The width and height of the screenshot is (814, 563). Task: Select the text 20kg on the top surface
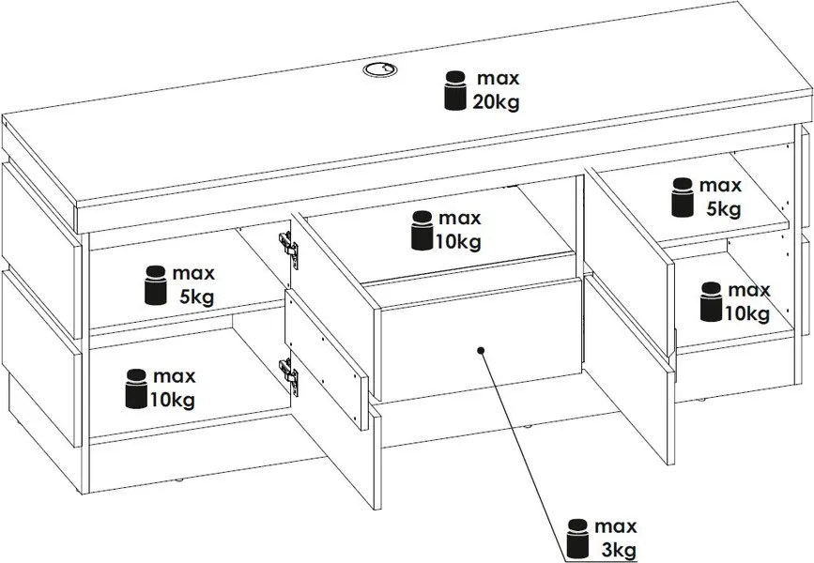point(497,102)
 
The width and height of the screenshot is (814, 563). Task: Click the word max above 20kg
point(498,76)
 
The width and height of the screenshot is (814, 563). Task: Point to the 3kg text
point(616,548)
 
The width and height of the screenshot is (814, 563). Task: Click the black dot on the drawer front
point(480,349)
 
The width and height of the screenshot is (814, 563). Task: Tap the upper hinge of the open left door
point(288,247)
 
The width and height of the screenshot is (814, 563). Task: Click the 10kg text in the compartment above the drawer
point(458,243)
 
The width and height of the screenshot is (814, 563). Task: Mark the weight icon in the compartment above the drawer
point(422,231)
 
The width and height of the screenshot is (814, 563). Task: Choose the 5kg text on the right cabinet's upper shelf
point(723,208)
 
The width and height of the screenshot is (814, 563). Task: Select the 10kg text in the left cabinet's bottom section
point(173,402)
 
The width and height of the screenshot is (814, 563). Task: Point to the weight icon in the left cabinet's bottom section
point(136,389)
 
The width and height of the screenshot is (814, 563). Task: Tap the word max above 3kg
point(616,525)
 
